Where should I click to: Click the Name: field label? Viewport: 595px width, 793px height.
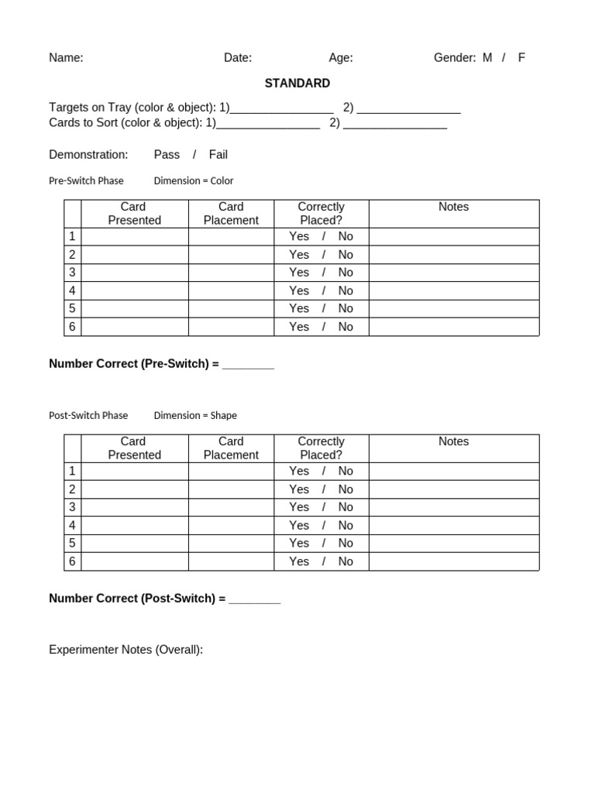tap(66, 57)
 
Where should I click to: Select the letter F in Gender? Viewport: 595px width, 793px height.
tap(521, 57)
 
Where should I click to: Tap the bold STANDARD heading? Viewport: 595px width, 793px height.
tap(297, 83)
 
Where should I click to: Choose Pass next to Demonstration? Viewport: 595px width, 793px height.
tap(167, 154)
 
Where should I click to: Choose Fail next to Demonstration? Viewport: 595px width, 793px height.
tap(218, 154)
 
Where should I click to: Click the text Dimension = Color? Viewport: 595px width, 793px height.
tap(194, 180)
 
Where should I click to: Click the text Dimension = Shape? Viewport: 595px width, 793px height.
tap(195, 415)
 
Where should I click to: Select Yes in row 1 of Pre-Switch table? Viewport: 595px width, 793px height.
tap(299, 236)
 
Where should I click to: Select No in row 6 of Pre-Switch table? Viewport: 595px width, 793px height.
tap(346, 327)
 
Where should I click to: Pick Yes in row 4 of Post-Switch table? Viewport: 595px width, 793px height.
tap(299, 525)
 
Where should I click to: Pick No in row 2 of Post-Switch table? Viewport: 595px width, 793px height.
tap(346, 489)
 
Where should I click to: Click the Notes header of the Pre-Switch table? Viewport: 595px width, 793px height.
tap(453, 207)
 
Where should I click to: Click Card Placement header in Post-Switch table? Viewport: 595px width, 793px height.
tap(231, 448)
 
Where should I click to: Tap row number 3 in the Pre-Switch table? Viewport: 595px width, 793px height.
tap(72, 272)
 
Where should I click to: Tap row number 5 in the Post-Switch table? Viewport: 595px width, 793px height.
tap(72, 543)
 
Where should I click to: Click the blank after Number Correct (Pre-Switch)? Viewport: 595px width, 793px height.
tap(248, 365)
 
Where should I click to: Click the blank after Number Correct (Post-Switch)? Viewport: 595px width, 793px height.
tap(255, 599)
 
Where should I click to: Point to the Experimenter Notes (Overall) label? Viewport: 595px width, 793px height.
tap(126, 650)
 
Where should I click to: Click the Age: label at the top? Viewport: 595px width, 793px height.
tap(341, 57)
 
